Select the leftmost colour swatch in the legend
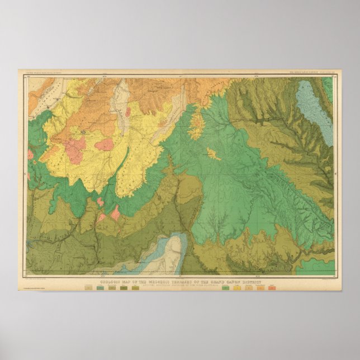[x=88, y=289]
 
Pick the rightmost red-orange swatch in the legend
[x=272, y=289]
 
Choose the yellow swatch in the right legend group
[x=237, y=289]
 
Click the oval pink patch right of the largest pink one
[x=104, y=145]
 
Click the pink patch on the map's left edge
[x=30, y=154]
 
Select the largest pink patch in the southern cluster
[x=115, y=212]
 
